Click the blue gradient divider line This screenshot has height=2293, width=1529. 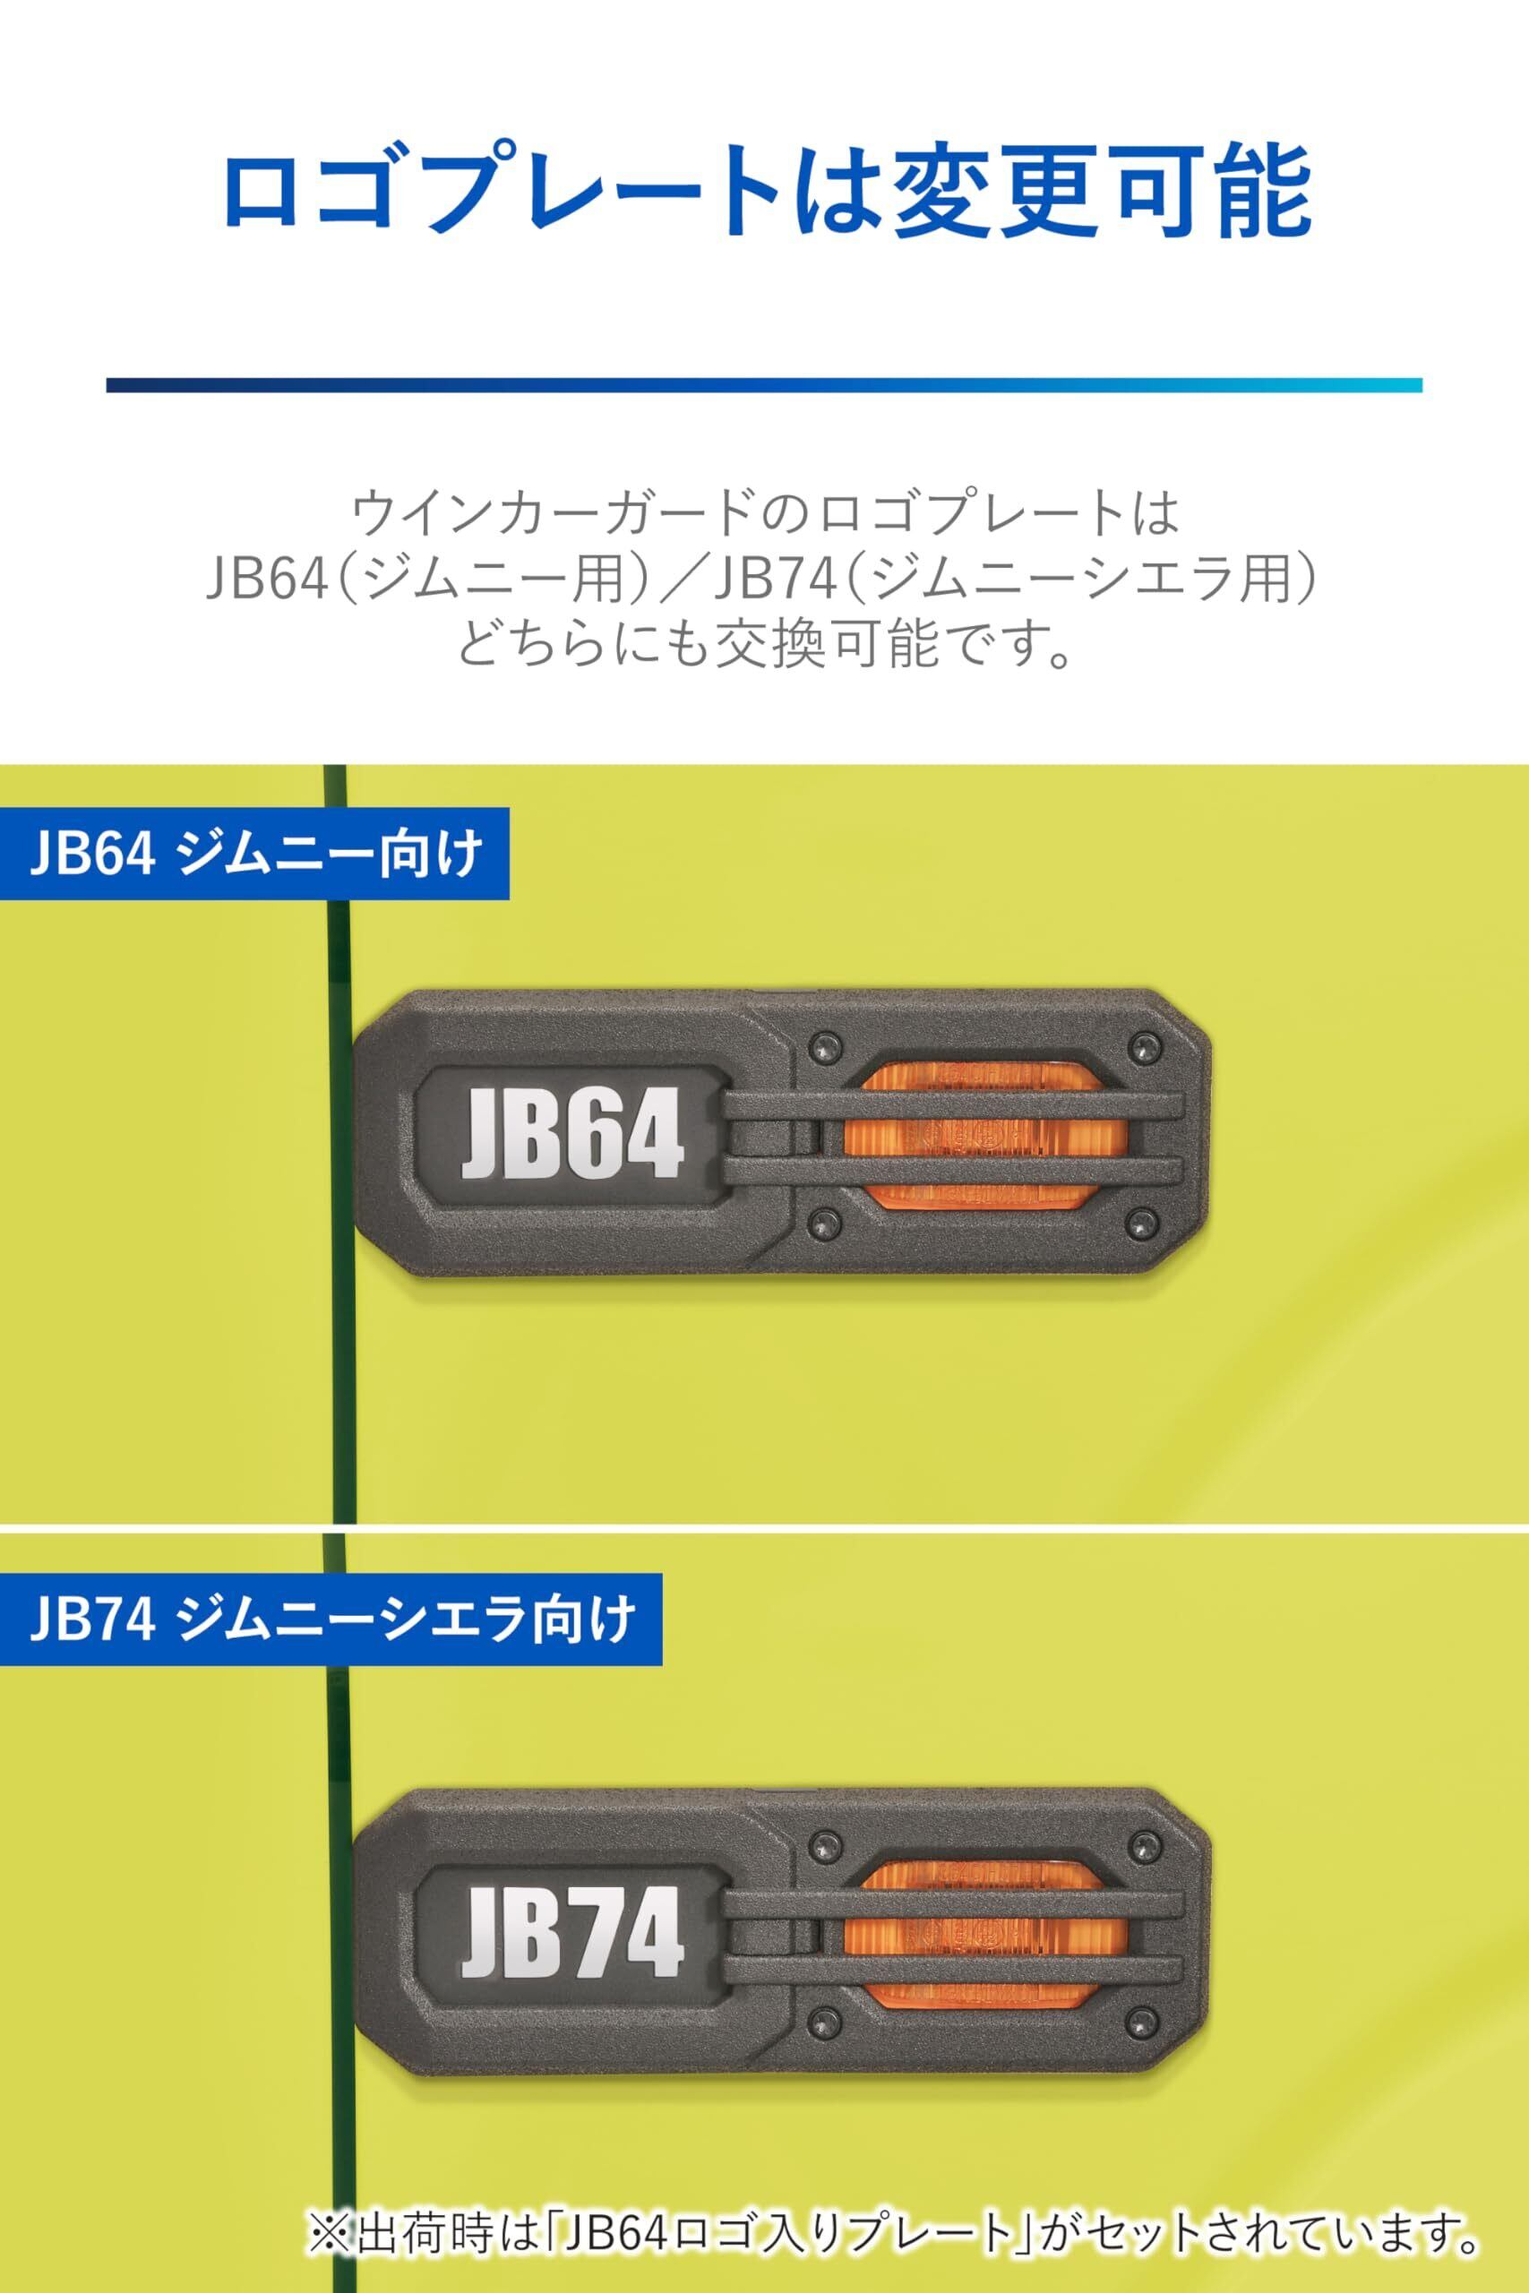pos(763,385)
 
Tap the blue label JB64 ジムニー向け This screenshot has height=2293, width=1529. pos(254,853)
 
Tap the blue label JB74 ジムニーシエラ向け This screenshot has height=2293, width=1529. pos(331,1619)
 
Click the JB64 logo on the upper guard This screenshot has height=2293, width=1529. pos(572,1134)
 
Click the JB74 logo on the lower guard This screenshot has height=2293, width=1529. pos(572,1931)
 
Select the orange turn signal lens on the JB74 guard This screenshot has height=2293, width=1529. pos(985,1933)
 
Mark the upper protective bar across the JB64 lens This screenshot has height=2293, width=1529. pos(954,1105)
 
